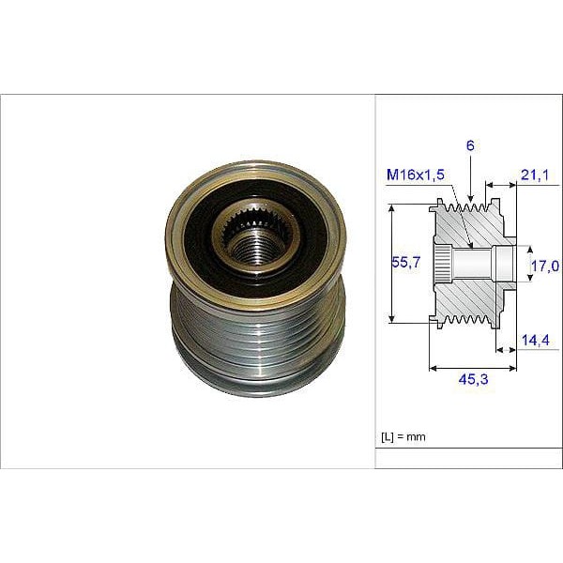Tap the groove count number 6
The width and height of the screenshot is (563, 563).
tap(470, 145)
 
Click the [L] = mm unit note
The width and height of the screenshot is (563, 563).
tap(403, 437)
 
